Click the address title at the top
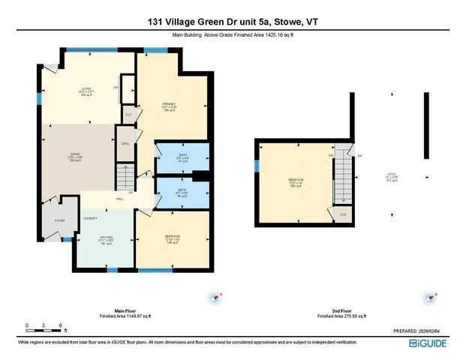[233, 22]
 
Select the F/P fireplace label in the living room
[116, 86]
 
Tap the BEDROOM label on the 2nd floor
[296, 180]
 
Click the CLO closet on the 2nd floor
[343, 214]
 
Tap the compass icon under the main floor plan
[215, 297]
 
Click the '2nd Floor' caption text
[341, 313]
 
